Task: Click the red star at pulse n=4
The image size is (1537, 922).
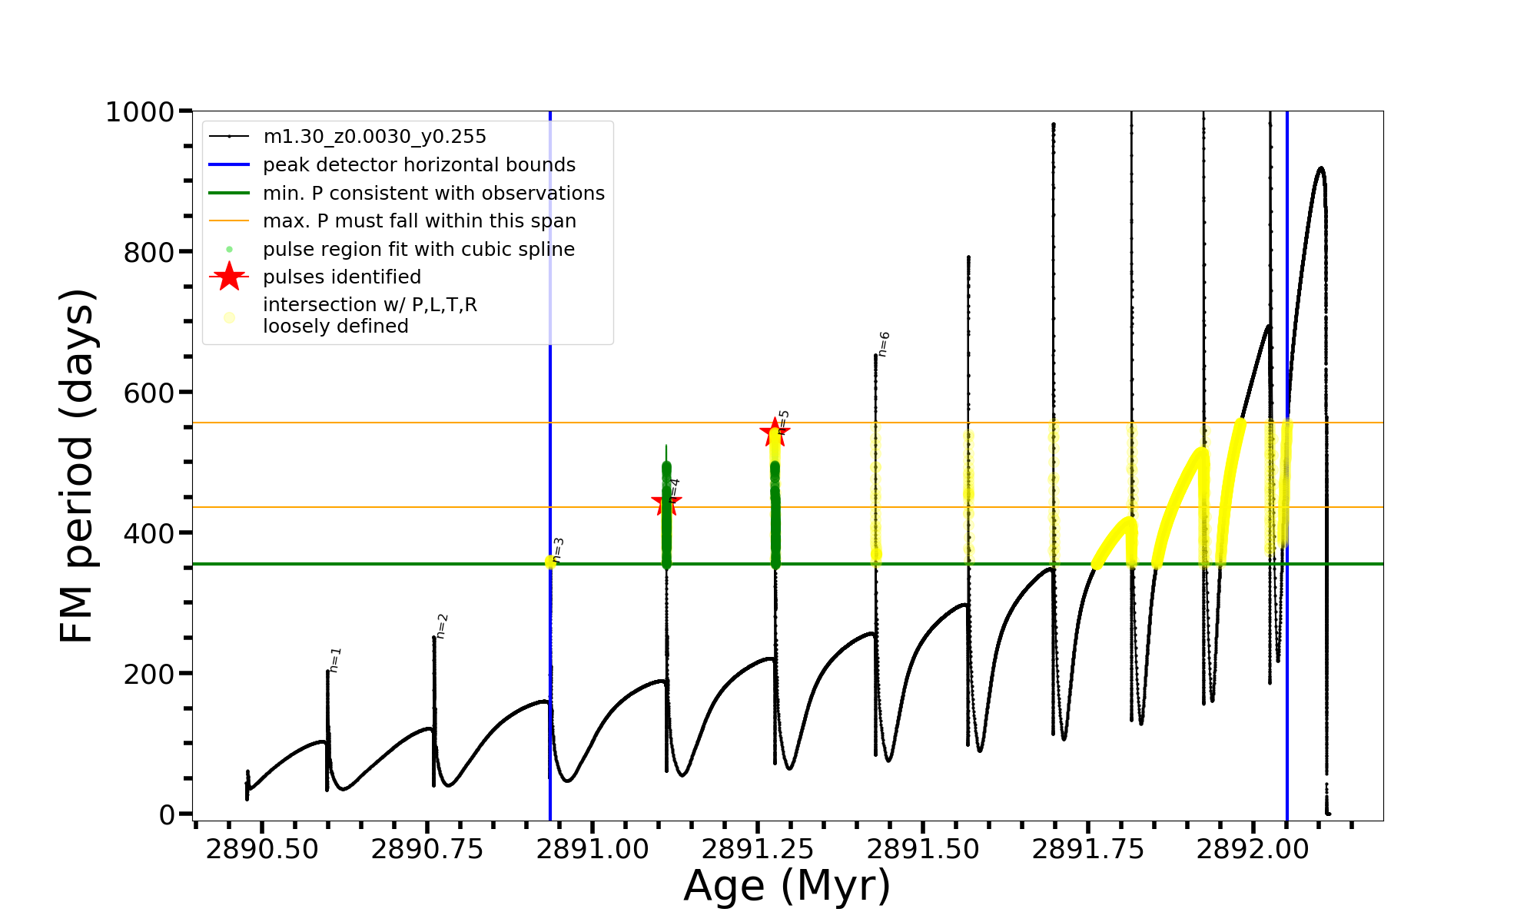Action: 666,503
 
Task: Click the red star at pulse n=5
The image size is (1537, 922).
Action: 774,433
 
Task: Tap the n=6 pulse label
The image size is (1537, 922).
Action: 884,344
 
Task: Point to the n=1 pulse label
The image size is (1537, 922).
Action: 335,660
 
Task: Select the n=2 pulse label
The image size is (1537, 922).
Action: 441,626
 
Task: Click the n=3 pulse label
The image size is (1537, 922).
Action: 558,550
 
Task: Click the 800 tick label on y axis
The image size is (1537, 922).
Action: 149,252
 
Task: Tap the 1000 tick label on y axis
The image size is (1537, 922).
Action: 140,112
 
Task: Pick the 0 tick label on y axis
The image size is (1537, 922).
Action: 167,815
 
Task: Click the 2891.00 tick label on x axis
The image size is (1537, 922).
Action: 593,850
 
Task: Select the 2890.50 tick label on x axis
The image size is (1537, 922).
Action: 262,850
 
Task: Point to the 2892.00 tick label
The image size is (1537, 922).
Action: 1253,850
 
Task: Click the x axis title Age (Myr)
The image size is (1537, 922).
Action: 787,886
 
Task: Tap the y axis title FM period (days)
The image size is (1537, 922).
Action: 77,466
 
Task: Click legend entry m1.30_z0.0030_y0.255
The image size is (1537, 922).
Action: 374,137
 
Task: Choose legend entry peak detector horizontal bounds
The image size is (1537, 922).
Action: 419,165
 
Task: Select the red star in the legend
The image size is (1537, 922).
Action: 229,277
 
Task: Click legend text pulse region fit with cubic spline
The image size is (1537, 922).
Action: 418,250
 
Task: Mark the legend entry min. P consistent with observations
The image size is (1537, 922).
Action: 433,194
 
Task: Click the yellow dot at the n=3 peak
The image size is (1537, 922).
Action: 550,562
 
